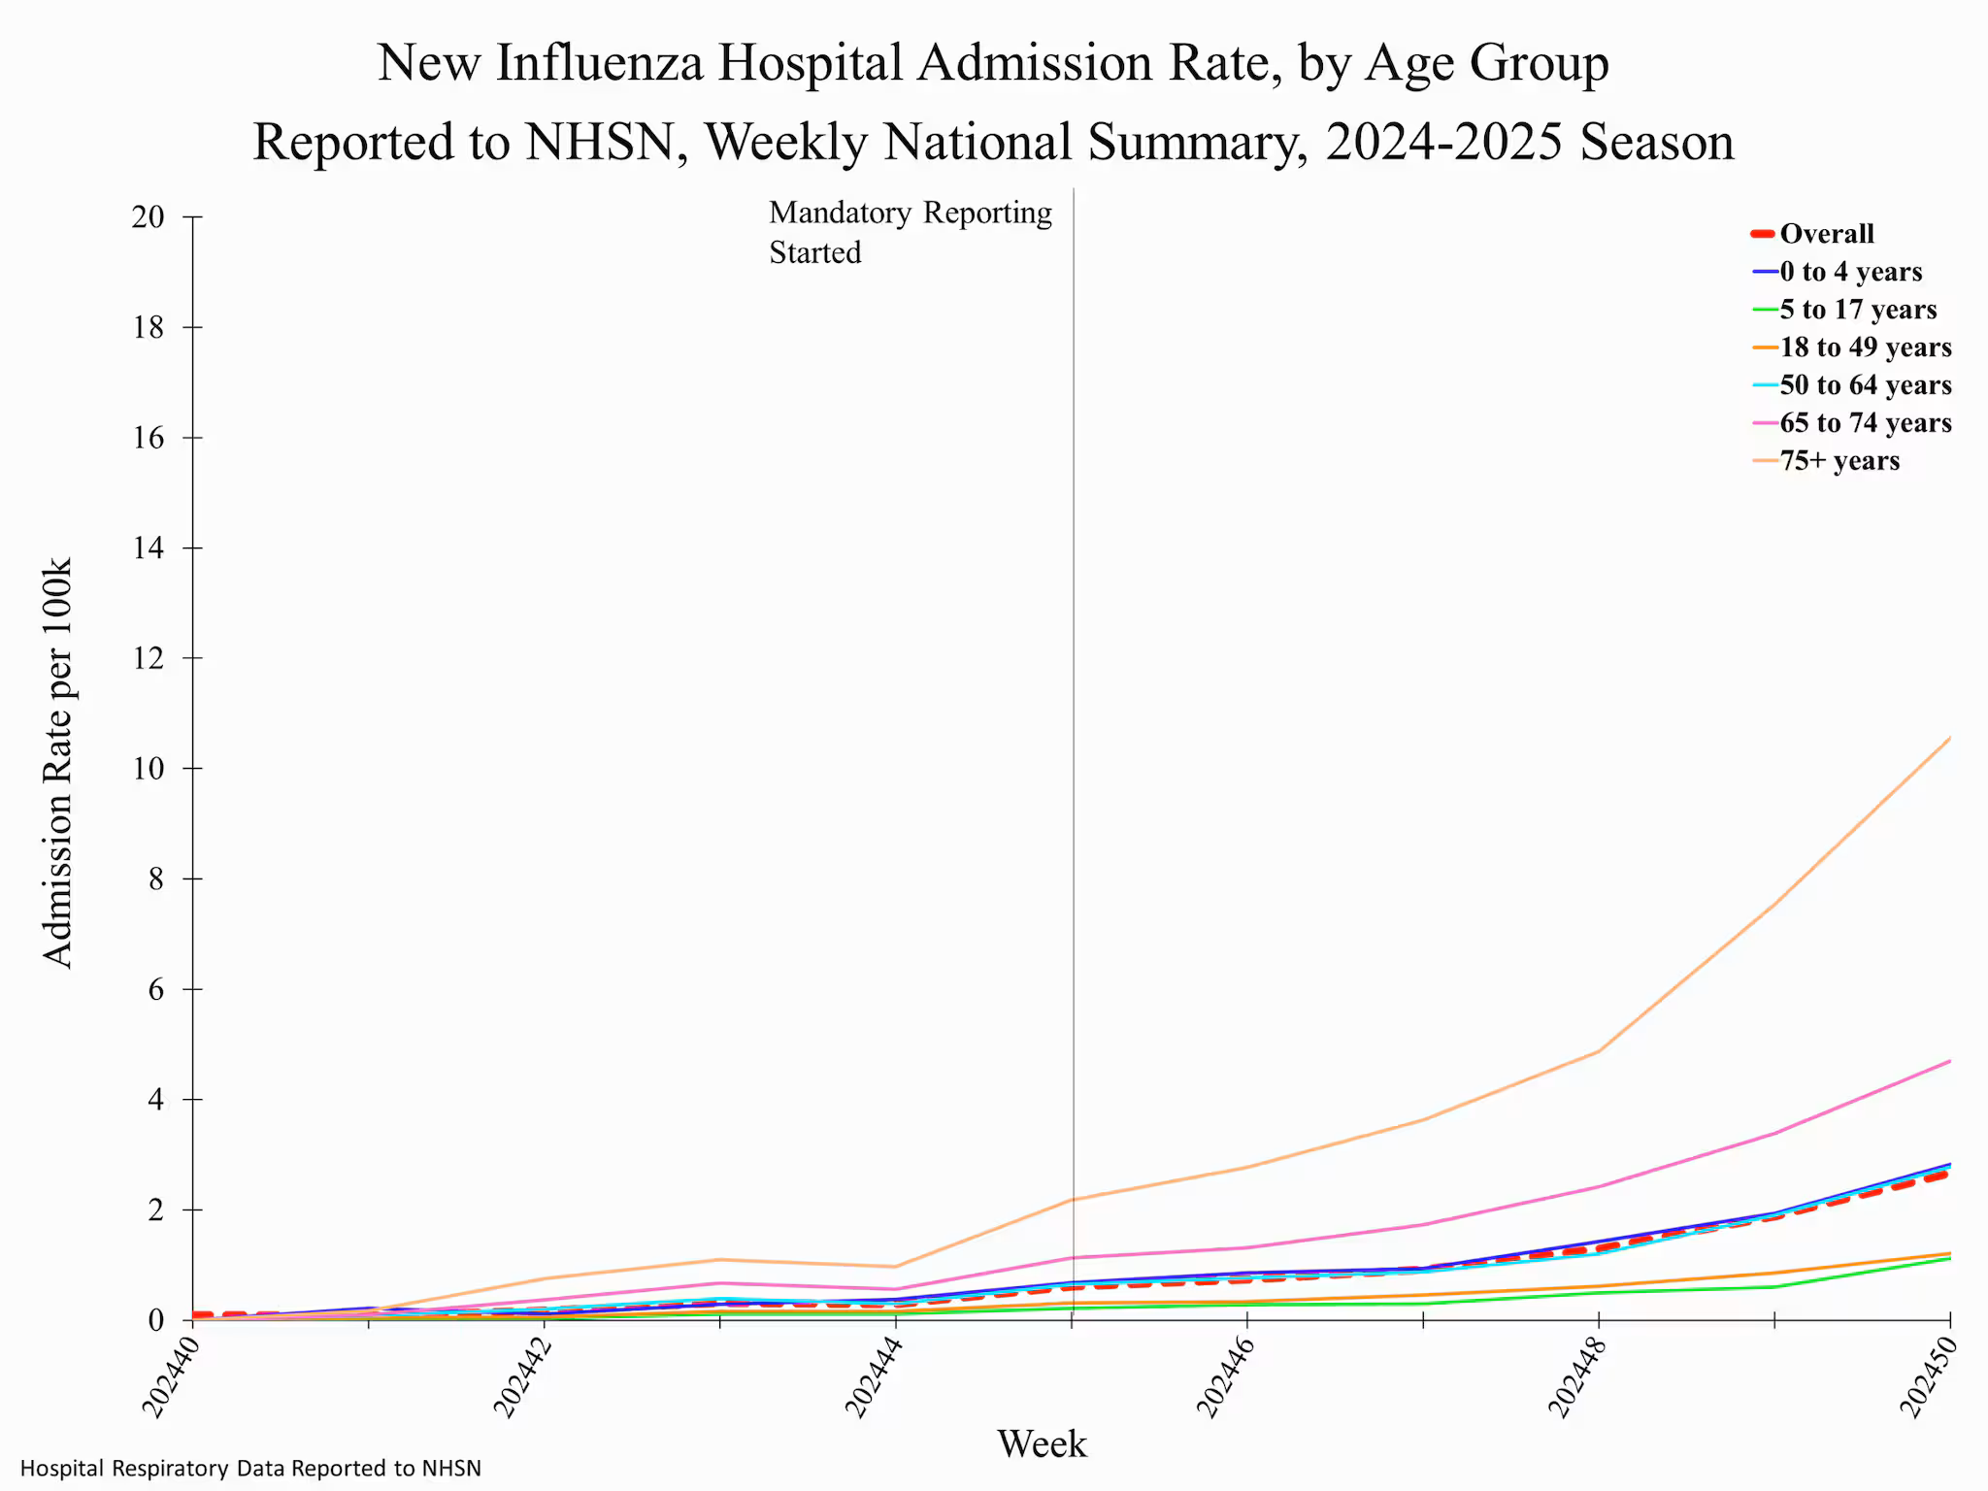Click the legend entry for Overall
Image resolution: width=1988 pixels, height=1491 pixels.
click(x=1825, y=234)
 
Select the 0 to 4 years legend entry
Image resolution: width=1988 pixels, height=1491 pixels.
click(x=1850, y=272)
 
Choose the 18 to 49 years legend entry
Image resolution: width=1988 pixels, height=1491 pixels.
click(x=1865, y=348)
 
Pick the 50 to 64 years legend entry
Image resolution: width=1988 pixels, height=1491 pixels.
click(x=1865, y=385)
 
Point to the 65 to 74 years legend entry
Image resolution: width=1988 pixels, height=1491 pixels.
click(x=1865, y=423)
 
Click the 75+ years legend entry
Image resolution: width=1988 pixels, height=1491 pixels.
click(x=1839, y=461)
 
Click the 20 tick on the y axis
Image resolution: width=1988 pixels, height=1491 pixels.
click(x=148, y=217)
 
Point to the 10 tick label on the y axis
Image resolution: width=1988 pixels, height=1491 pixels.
click(x=148, y=769)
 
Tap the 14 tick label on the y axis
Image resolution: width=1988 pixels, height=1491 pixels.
click(x=148, y=548)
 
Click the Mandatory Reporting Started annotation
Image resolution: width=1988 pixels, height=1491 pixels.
click(x=910, y=233)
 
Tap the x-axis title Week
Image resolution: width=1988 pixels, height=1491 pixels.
click(x=1042, y=1444)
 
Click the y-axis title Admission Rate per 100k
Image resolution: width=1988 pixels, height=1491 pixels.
click(x=58, y=763)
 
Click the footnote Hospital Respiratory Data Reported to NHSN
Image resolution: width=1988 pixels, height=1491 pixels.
click(x=250, y=1469)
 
